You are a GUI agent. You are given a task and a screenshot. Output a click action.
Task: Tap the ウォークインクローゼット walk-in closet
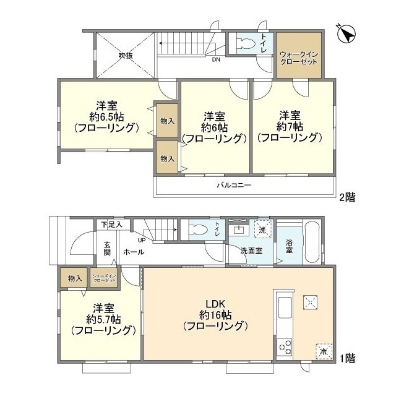(298, 54)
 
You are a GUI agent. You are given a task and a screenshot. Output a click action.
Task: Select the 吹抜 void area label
(126, 55)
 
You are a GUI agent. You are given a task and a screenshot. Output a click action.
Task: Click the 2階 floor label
(346, 197)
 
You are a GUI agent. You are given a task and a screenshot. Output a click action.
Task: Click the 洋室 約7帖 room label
(290, 126)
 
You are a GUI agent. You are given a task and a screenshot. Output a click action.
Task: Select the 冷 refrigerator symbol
(323, 350)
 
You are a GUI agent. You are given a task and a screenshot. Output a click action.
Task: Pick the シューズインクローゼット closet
(104, 278)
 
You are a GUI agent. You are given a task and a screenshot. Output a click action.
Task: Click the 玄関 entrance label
(107, 247)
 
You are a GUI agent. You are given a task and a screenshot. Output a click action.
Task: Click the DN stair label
(215, 60)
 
